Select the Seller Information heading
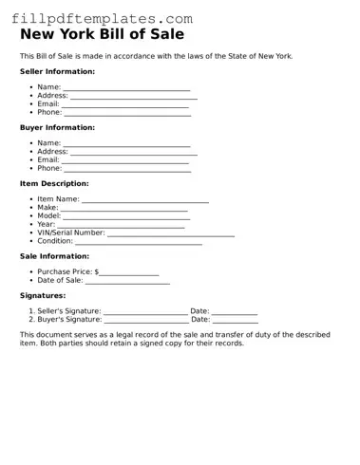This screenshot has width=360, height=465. pyautogui.click(x=57, y=71)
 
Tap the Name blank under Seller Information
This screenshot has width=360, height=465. pyautogui.click(x=126, y=88)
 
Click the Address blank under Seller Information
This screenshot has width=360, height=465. pyautogui.click(x=134, y=97)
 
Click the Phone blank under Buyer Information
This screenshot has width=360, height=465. pyautogui.click(x=127, y=169)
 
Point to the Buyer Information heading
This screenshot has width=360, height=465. pyautogui.click(x=57, y=127)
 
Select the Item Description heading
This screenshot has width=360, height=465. pyautogui.click(x=54, y=183)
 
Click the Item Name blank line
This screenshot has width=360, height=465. pyautogui.click(x=144, y=200)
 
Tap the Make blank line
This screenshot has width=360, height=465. pyautogui.click(x=123, y=209)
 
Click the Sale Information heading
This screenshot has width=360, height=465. pyautogui.click(x=54, y=256)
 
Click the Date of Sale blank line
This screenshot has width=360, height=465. pyautogui.click(x=127, y=282)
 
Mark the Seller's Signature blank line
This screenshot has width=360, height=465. pyautogui.click(x=145, y=312)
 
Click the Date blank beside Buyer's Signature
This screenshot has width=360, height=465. pyautogui.click(x=235, y=321)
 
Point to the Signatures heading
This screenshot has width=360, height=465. pyautogui.click(x=43, y=295)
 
